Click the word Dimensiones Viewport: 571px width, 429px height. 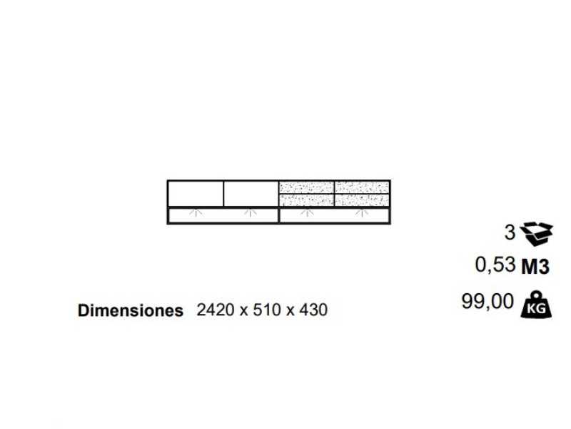coord(130,311)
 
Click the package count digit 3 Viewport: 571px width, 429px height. coord(509,232)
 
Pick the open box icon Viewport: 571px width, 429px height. coord(536,232)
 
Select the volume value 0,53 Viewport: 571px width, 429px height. coord(495,265)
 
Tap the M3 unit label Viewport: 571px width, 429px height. coord(535,267)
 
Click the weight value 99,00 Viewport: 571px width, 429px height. coord(487,302)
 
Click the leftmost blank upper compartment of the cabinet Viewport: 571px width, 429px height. coord(196,193)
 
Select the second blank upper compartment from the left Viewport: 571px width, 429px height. coord(251,193)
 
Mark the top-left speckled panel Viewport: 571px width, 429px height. coord(306,187)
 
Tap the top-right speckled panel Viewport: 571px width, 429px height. coord(362,187)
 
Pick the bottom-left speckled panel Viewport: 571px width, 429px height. coord(306,200)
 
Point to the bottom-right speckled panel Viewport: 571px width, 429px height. coord(362,200)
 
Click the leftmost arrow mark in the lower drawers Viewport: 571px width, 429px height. coord(194,213)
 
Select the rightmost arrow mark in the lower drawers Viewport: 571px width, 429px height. coord(362,213)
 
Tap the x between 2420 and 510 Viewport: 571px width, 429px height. coord(243,312)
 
